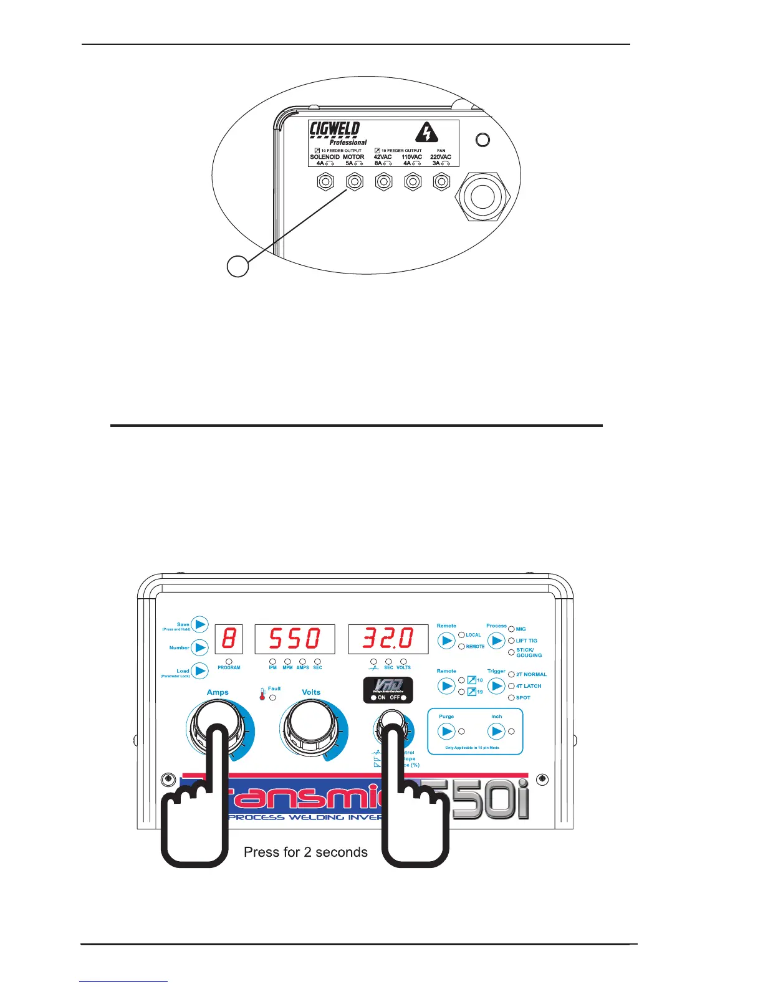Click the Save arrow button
click(199, 624)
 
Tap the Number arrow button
click(199, 647)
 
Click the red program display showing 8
click(229, 639)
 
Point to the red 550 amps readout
click(295, 639)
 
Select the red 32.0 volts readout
click(388, 639)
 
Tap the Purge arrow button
click(446, 731)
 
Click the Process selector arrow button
click(496, 641)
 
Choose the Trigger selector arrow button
click(496, 686)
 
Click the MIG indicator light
click(512, 629)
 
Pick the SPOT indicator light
click(512, 698)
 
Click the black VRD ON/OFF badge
click(388, 690)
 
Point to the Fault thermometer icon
click(262, 694)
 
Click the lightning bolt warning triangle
click(426, 133)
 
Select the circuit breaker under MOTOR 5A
click(354, 182)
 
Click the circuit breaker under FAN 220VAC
click(442, 182)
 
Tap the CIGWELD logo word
click(335, 130)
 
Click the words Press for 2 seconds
click(305, 852)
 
